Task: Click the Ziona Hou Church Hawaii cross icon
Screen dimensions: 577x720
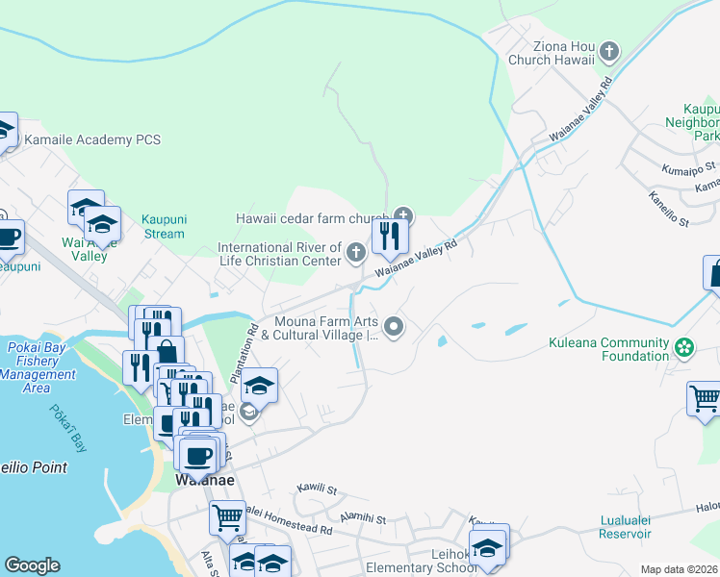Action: (607, 51)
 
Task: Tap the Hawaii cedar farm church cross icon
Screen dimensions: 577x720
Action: (402, 214)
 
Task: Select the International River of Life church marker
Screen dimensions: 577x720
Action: (356, 253)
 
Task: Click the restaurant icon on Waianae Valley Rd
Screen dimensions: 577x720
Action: (390, 236)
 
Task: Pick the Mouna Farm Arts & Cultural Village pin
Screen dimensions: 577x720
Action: (393, 328)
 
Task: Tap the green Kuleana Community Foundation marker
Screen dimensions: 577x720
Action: (683, 346)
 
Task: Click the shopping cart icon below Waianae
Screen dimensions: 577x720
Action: (228, 517)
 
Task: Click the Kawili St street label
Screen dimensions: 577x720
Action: (317, 489)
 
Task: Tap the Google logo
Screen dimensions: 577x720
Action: (32, 565)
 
